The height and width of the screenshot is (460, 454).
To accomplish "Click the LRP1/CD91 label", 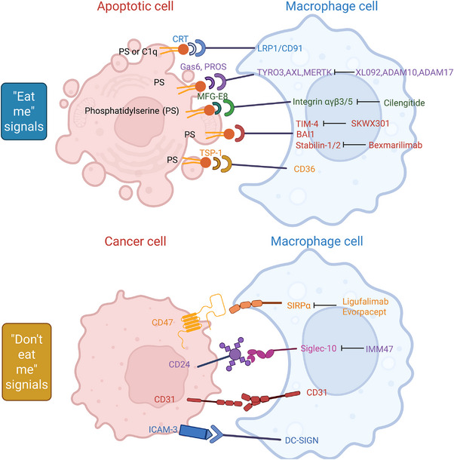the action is [280, 48].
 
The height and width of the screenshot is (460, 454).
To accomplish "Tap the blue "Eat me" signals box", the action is [24, 111].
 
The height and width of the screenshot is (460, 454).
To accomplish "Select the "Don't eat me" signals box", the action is [26, 362].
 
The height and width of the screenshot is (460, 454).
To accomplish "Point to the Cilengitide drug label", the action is [404, 103].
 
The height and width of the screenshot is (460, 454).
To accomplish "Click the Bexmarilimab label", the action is [395, 145].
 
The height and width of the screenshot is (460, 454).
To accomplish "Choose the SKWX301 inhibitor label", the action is [370, 124].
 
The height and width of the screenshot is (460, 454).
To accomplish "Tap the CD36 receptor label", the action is [305, 169].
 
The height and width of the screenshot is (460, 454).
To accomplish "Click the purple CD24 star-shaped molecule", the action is [235, 354].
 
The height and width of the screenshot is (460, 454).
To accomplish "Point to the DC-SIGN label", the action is [302, 440].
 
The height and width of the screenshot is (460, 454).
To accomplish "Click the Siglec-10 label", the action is [318, 348].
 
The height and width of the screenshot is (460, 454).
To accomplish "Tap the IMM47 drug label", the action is [379, 349].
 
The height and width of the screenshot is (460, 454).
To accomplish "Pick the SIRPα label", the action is [299, 305].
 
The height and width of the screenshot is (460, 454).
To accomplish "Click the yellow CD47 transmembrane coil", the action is [191, 323].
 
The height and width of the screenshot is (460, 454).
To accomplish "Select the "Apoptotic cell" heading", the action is [135, 7].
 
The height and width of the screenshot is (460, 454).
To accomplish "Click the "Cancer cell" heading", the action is [135, 241].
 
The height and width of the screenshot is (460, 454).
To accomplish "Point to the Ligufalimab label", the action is [365, 302].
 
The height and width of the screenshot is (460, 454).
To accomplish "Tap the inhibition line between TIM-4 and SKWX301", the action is [335, 124].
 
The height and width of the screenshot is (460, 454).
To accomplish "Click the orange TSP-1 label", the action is [210, 153].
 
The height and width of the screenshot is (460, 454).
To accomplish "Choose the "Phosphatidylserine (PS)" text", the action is [132, 111].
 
